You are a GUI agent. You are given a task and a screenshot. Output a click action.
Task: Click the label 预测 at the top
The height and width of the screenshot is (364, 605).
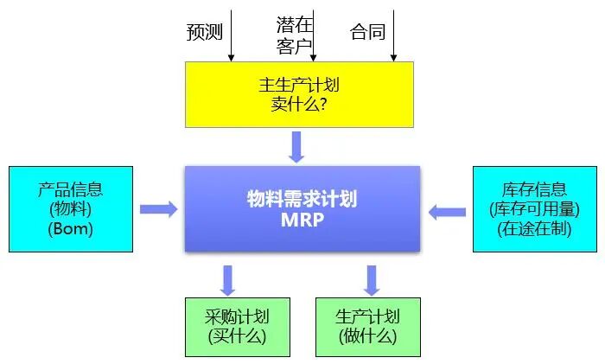click(205, 33)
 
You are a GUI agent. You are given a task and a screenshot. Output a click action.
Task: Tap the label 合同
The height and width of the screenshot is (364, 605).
click(367, 33)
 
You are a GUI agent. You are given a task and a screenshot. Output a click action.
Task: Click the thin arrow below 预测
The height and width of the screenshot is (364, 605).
click(232, 35)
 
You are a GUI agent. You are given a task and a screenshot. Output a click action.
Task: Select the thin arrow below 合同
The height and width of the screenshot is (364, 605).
click(393, 35)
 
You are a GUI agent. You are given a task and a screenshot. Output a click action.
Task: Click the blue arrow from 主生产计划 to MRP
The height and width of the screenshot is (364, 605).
click(297, 146)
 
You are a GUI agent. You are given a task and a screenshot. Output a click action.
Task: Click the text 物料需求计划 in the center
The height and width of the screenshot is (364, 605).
click(302, 199)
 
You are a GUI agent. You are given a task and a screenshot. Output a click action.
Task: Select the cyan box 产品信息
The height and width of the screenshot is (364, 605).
click(70, 209)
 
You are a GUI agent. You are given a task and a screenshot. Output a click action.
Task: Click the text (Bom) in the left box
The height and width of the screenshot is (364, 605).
click(70, 229)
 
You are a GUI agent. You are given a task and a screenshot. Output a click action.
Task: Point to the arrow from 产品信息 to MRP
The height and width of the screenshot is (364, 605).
click(158, 209)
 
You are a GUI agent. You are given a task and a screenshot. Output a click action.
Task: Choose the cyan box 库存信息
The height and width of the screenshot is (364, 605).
click(533, 209)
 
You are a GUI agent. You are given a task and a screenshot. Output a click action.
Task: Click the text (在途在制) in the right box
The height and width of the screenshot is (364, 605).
click(533, 229)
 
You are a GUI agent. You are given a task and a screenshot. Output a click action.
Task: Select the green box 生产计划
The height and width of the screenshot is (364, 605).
click(368, 327)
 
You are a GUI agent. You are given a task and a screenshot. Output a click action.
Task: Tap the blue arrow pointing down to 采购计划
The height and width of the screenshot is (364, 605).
click(228, 279)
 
